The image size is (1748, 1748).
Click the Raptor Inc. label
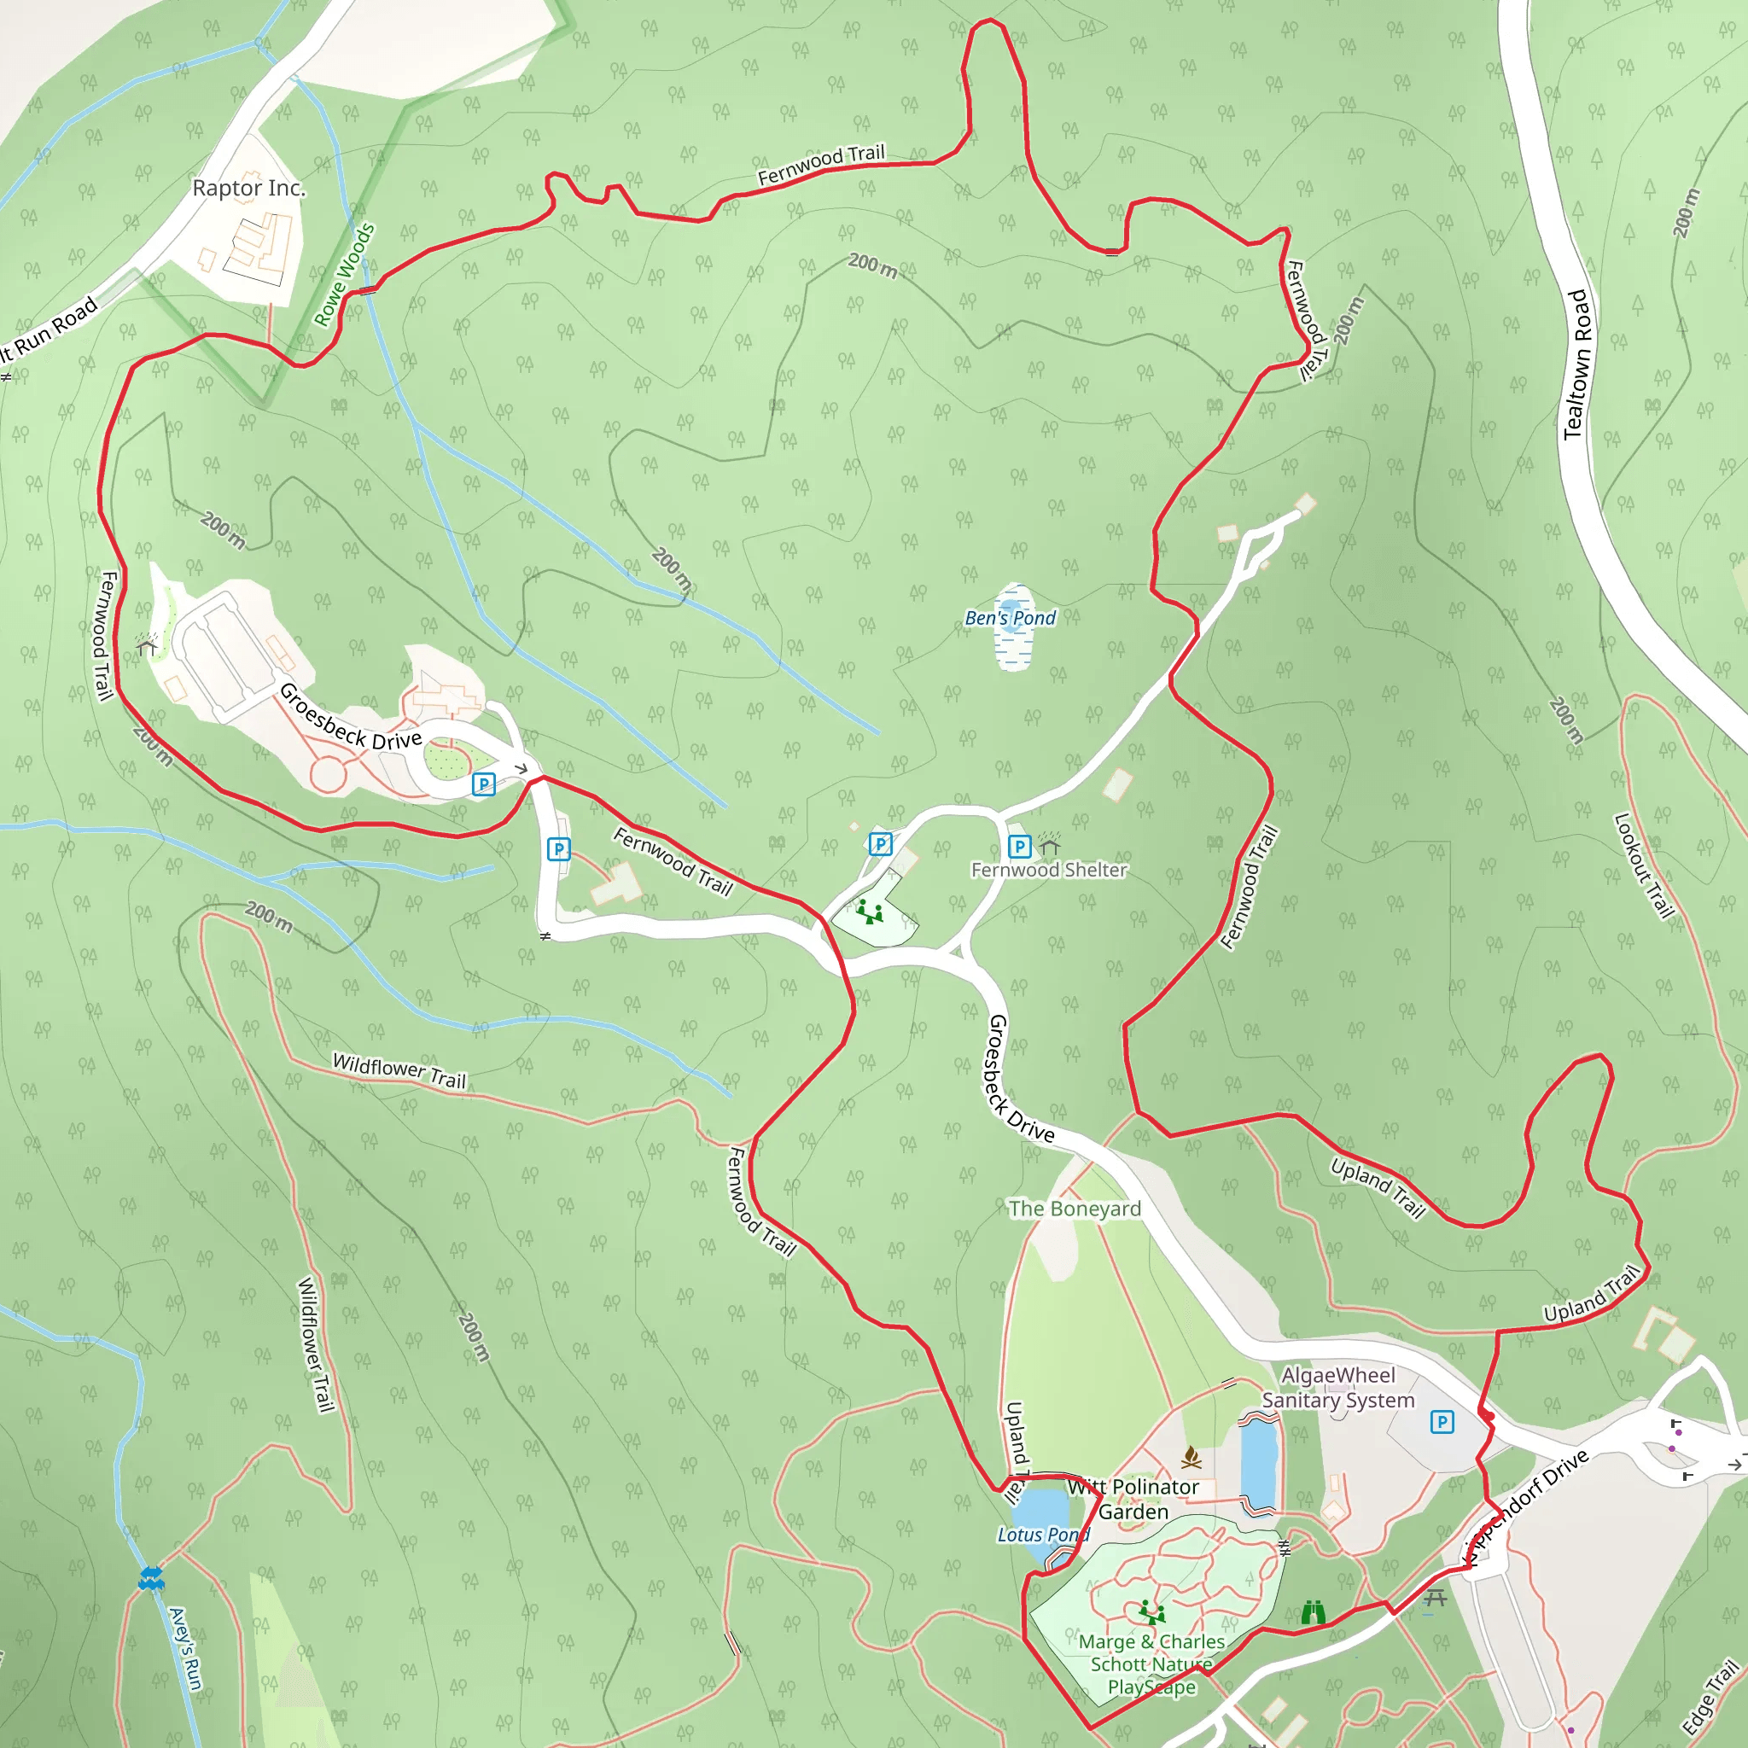click(249, 188)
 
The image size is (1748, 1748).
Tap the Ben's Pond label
click(1010, 618)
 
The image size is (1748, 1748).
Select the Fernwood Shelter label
click(1049, 870)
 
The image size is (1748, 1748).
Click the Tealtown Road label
click(1577, 364)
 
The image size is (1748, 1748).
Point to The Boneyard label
click(1075, 1209)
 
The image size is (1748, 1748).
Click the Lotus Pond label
click(1043, 1535)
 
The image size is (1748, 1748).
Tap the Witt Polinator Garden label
click(1133, 1499)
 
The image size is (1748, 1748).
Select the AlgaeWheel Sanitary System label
click(1338, 1388)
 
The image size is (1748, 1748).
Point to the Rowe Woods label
click(344, 275)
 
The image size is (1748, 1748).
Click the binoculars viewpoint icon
click(1313, 1612)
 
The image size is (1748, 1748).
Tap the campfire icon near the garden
click(1192, 1457)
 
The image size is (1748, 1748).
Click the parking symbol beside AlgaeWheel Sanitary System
click(1442, 1422)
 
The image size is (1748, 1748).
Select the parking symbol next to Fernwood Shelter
click(1020, 847)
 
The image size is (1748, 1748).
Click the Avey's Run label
click(185, 1648)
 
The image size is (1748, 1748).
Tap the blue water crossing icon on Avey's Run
click(151, 1579)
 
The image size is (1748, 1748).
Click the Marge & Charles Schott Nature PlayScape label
click(1151, 1664)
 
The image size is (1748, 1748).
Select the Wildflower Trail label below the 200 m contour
click(399, 1071)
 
